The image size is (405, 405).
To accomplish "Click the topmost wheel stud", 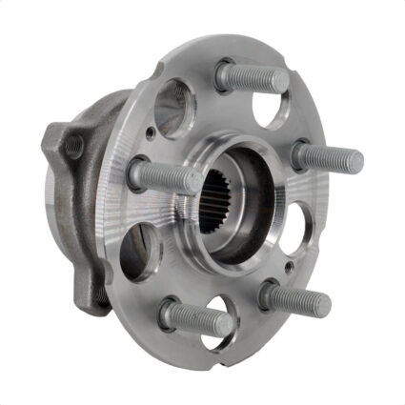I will (253, 76).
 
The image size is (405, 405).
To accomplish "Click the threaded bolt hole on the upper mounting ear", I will (72, 146).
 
